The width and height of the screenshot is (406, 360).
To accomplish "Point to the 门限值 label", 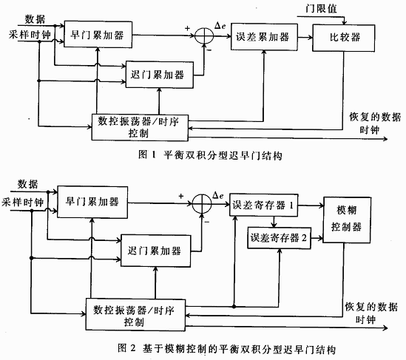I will pyautogui.click(x=320, y=8).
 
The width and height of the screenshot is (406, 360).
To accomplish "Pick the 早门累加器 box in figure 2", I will pyautogui.click(x=90, y=202).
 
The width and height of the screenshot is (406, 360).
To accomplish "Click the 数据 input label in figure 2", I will pyautogui.click(x=28, y=184).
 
